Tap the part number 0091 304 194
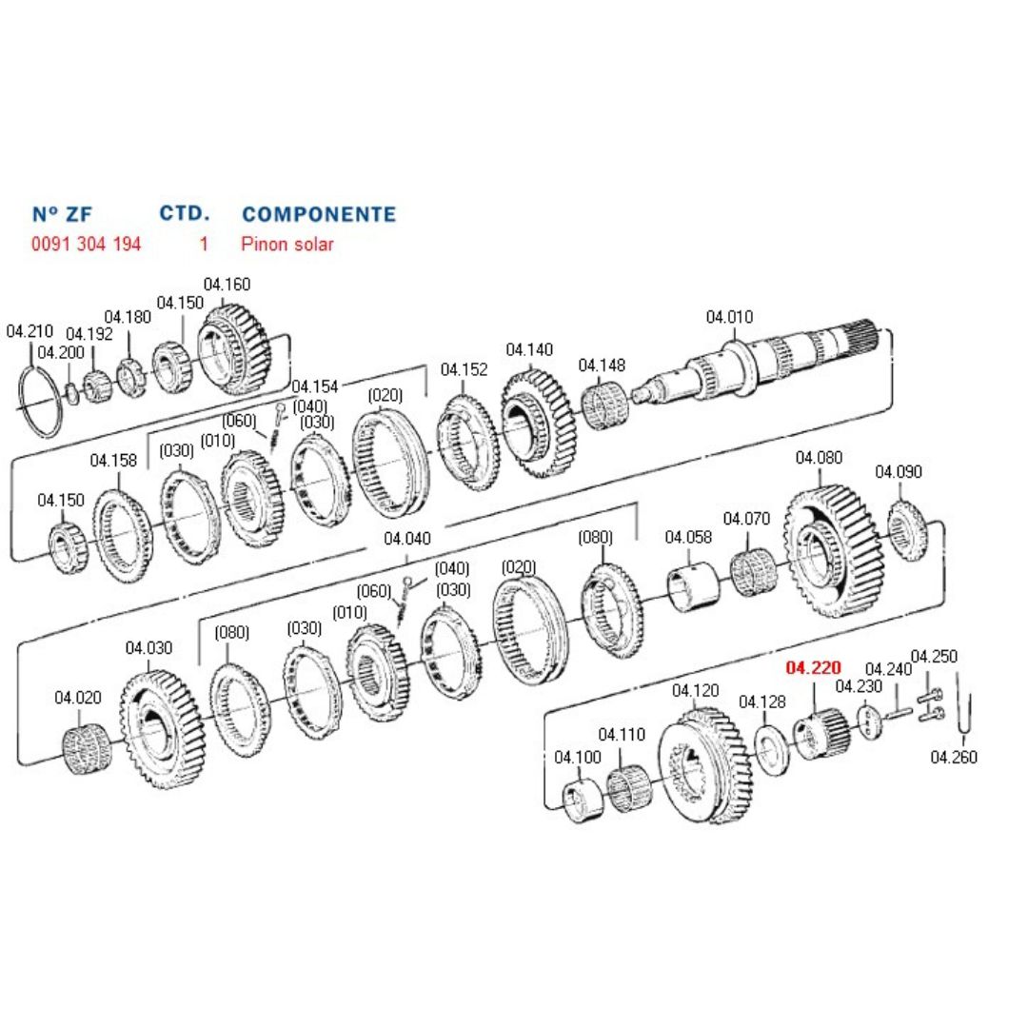(x=86, y=244)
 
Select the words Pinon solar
(x=287, y=244)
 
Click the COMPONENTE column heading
(x=319, y=213)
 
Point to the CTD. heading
(x=184, y=212)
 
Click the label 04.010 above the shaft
(x=729, y=317)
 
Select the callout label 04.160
(x=227, y=284)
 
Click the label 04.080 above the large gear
(x=819, y=458)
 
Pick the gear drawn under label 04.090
(x=907, y=529)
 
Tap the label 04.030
(x=148, y=648)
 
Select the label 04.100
(x=578, y=758)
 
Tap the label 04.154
(x=315, y=385)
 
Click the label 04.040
(x=407, y=539)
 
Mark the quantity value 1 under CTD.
(x=203, y=244)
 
